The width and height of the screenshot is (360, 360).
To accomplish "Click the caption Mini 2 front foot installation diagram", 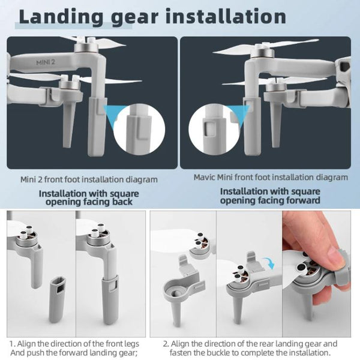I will point(89,179).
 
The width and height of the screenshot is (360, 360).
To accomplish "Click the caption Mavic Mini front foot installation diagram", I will point(270,178).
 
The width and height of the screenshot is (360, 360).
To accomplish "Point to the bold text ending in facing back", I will point(89,197).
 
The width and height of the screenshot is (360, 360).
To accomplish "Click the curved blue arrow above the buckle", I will point(269,262).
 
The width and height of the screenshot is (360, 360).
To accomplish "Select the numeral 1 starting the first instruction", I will point(11,344).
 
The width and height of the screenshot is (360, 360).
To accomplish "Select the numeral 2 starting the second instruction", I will point(165,344).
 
